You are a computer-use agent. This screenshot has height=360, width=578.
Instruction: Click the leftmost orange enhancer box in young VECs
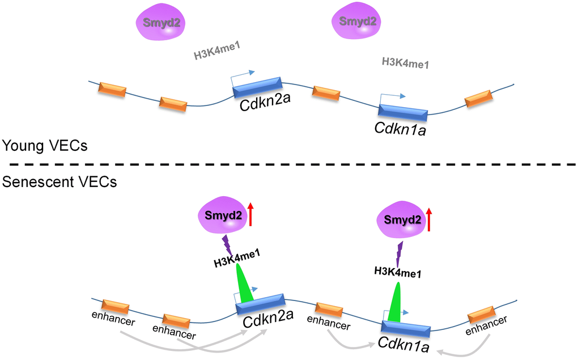[x=113, y=89]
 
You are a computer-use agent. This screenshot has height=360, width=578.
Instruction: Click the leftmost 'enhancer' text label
[x=115, y=321]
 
